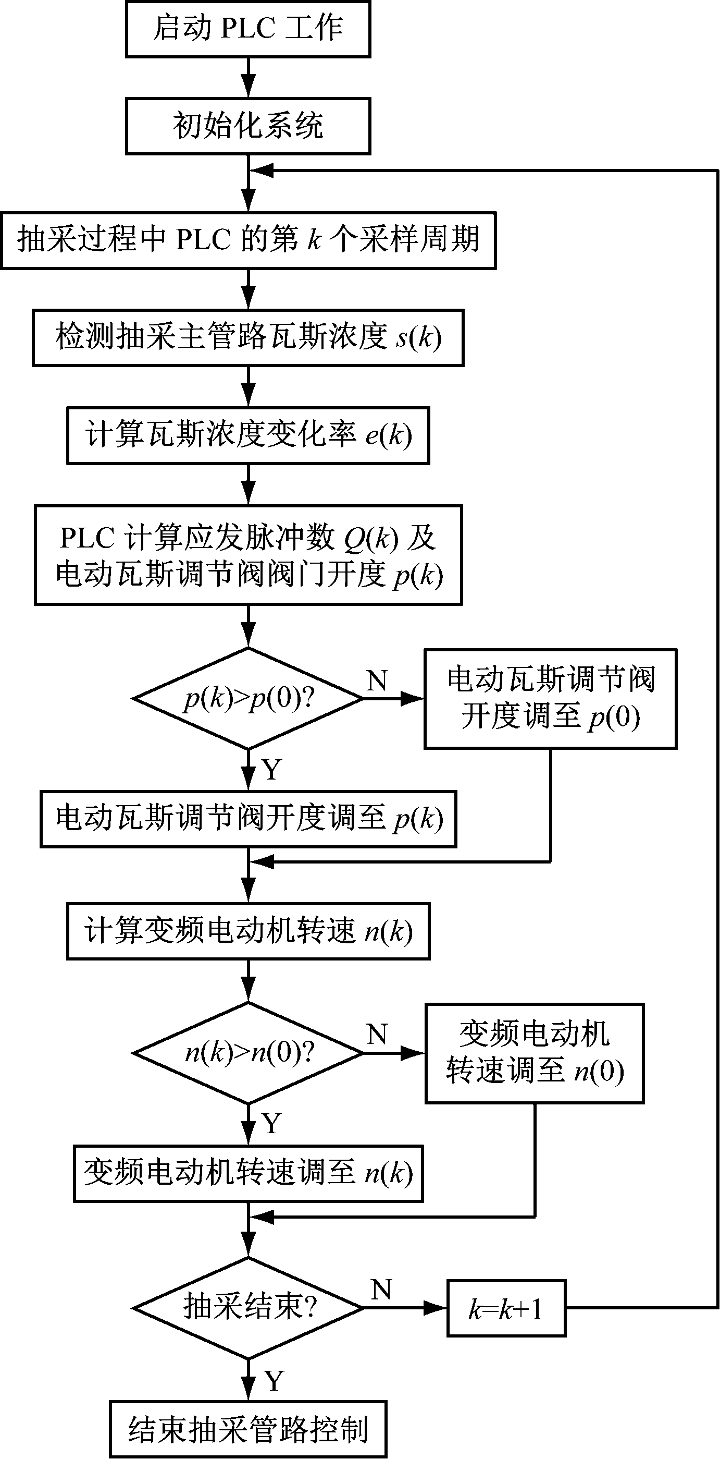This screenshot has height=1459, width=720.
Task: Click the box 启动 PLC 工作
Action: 248,29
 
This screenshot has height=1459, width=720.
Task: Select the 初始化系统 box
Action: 248,126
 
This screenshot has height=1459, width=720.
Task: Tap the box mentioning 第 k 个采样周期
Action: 248,240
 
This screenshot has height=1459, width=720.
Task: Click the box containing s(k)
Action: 248,337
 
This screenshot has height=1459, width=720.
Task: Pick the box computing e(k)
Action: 248,435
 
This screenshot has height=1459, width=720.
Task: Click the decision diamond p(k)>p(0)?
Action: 248,698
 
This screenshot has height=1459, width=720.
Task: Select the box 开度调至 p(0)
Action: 550,698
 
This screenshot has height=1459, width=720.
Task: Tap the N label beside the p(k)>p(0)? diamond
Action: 377,681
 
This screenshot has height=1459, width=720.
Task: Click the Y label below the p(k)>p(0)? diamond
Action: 272,769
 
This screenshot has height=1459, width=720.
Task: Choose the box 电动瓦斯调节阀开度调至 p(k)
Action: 248,819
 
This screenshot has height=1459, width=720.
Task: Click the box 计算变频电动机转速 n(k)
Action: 248,931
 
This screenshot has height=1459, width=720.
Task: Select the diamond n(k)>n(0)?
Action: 248,1052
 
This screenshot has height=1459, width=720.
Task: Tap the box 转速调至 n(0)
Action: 535,1052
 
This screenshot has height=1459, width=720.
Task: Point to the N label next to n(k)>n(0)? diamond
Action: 377,1034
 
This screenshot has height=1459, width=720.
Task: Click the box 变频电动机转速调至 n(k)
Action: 248,1172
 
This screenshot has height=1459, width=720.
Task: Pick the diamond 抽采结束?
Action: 248,1307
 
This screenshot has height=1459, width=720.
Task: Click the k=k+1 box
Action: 506,1308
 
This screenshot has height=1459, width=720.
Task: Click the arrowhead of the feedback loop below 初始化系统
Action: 261,170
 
